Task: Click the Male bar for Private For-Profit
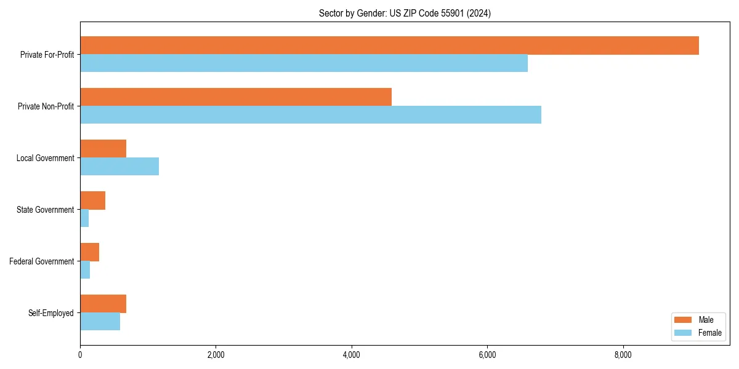tap(389, 46)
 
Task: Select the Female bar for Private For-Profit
tap(304, 63)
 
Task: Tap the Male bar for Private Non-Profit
tap(236, 97)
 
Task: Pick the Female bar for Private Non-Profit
tap(310, 115)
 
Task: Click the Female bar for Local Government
tap(119, 167)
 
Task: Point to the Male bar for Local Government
tap(103, 149)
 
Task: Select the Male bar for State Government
tap(92, 200)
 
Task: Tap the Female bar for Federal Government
tap(85, 270)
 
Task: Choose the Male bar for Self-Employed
tap(103, 304)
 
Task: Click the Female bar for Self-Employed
tap(100, 322)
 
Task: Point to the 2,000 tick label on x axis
tap(216, 355)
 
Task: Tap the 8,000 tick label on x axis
tap(623, 355)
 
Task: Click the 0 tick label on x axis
tap(80, 355)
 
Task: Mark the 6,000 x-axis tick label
tap(487, 355)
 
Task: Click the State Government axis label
tap(45, 210)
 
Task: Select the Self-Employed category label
tap(51, 313)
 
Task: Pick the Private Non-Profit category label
tap(46, 106)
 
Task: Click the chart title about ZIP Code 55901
tap(405, 13)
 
